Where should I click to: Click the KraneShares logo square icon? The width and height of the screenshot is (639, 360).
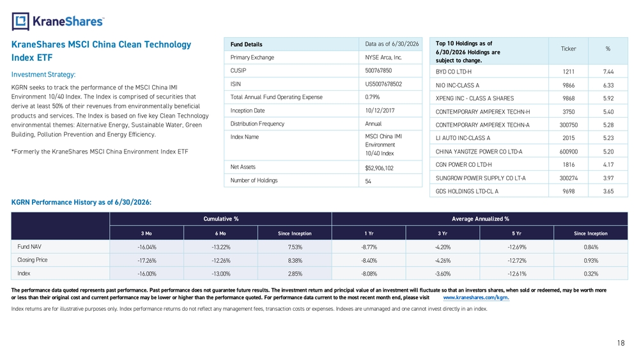coord(20,21)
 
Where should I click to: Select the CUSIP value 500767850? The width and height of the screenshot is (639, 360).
coord(378,70)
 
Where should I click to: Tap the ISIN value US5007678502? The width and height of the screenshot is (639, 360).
coord(383,84)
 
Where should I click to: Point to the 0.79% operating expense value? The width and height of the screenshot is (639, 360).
coord(372,97)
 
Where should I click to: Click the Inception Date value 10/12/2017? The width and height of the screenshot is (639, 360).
coord(380,111)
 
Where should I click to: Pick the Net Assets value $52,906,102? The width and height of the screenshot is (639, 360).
coord(379,168)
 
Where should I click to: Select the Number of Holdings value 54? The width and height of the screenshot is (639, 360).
coord(368,181)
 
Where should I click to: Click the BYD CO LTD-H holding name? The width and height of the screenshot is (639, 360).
coord(453,72)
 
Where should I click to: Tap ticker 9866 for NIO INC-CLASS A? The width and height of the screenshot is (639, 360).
coord(569,85)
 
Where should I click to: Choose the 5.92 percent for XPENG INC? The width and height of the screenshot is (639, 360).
coord(608,98)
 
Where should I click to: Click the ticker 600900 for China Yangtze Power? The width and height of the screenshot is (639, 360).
coord(569,152)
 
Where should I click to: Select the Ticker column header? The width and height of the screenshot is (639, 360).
coord(568,49)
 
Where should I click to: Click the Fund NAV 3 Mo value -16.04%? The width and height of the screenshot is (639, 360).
coord(147,247)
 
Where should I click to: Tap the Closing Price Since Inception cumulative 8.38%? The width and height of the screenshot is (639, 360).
coord(295,260)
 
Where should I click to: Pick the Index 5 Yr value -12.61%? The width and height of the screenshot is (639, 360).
coord(517,274)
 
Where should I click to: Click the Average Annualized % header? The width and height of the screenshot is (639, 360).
coord(480,219)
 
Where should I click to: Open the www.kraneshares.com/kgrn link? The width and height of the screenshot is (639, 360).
coord(476,297)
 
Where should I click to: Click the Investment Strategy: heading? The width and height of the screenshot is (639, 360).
coord(43,75)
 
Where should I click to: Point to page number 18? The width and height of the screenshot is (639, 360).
coord(620,343)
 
